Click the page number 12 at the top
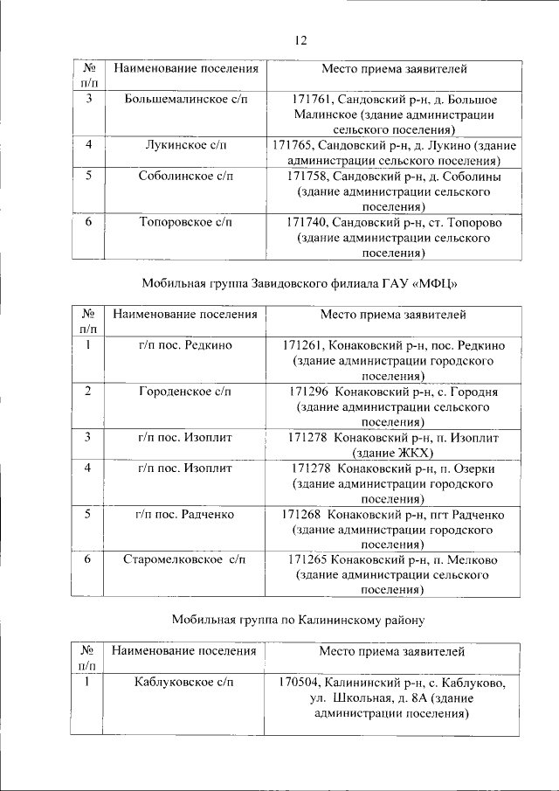pyautogui.click(x=301, y=39)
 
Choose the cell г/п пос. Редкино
pyautogui.click(x=184, y=345)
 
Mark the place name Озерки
pyautogui.click(x=473, y=468)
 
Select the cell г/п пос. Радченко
pyautogui.click(x=184, y=514)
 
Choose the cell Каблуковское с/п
pyautogui.click(x=185, y=682)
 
